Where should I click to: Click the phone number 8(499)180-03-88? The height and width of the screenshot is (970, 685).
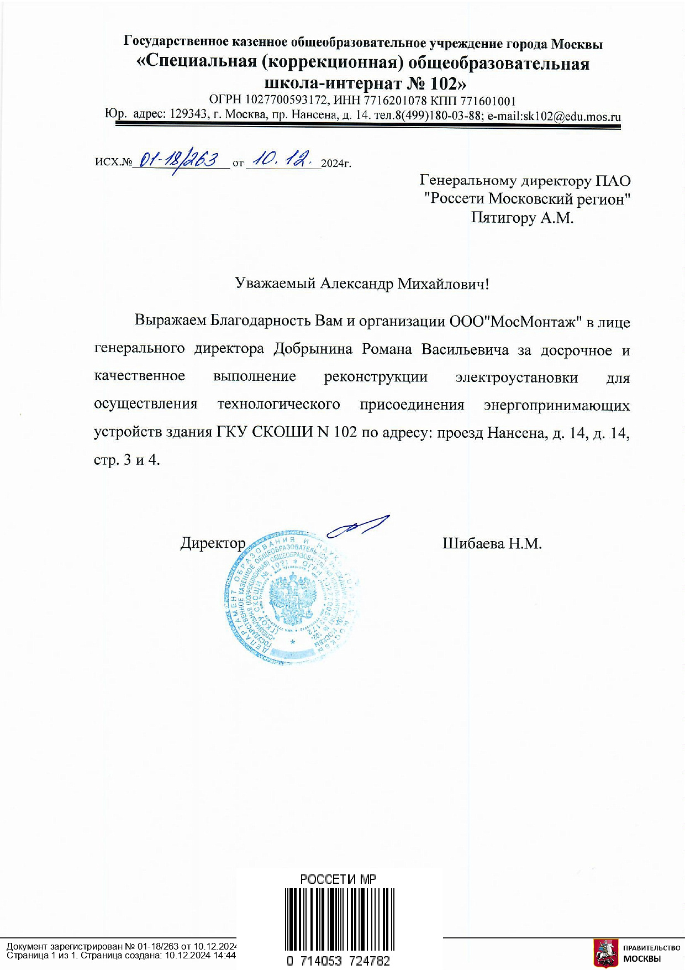point(439,116)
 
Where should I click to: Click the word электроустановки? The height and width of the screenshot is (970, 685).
point(517,377)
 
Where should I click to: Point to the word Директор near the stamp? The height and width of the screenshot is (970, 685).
point(213,543)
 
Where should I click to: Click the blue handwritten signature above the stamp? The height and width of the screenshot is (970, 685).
point(358,526)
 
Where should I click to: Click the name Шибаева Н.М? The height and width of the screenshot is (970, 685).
point(492,543)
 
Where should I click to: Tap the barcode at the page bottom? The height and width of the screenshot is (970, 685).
point(338,917)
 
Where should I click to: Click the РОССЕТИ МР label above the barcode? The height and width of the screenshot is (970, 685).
point(338,879)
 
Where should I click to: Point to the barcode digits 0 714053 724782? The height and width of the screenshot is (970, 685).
point(338,961)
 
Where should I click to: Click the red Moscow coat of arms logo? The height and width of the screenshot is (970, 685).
point(605,952)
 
